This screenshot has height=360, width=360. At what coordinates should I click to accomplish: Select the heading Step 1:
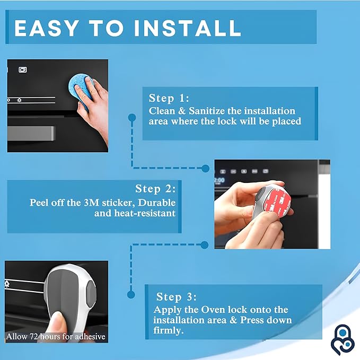coord(169,98)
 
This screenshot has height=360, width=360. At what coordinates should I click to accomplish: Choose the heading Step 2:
coord(155,189)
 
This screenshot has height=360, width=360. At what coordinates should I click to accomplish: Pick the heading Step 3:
coord(177,297)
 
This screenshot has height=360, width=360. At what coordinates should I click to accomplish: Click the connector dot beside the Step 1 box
coord(130,115)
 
